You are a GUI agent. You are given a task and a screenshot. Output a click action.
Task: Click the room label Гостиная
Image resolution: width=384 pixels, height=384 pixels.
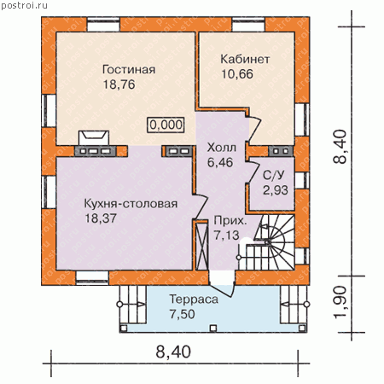click(x=129, y=69)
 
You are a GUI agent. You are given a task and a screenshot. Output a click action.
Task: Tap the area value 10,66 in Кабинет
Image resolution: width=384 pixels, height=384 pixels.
click(x=237, y=74)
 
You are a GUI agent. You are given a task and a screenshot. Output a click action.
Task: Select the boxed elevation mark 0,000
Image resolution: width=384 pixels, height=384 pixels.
click(x=166, y=125)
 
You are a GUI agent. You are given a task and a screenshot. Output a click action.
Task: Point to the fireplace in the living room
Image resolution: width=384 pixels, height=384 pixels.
click(x=94, y=137)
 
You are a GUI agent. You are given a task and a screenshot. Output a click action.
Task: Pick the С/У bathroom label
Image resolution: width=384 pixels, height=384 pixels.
click(x=273, y=175)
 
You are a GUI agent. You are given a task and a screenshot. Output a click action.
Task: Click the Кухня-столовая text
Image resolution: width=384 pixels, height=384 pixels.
click(x=131, y=204)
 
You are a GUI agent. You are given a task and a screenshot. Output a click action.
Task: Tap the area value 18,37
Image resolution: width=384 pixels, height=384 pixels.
click(x=101, y=218)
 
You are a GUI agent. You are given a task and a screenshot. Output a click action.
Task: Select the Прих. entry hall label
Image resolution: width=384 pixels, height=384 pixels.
click(x=230, y=221)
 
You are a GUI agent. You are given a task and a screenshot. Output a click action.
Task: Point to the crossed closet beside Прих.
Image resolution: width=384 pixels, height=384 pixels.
click(x=202, y=245)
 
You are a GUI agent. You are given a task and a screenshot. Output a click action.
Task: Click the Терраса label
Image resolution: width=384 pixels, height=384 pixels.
click(x=194, y=300)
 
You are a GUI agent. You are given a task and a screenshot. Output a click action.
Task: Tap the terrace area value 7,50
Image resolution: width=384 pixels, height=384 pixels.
click(x=182, y=314)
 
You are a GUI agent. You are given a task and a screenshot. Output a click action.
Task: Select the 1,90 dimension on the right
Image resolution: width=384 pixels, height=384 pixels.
click(x=340, y=302)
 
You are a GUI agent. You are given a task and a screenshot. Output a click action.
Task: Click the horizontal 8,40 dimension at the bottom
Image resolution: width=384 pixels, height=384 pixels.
click(x=173, y=352)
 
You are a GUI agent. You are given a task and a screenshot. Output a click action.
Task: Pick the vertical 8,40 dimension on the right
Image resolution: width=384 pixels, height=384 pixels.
click(x=340, y=147)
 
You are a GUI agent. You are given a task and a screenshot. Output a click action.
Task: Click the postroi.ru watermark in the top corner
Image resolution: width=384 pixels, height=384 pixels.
click(x=24, y=5)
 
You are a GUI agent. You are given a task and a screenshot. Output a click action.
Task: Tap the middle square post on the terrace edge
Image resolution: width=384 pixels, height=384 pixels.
click(x=213, y=329)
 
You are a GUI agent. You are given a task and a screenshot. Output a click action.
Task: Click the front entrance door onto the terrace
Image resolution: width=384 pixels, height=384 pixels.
click(x=222, y=283)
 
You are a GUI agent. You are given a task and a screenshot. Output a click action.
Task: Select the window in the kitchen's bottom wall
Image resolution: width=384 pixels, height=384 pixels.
click(x=92, y=278)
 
